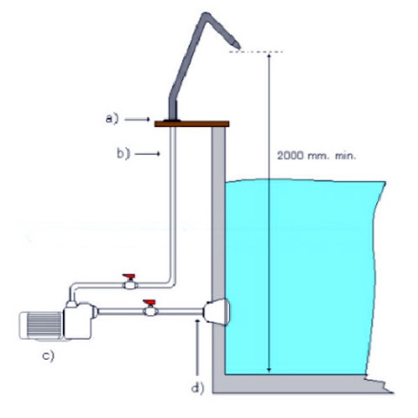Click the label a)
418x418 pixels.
coord(112,118)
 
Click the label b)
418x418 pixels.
coord(124,153)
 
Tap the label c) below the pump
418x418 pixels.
coord(49,356)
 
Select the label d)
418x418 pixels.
coord(198,388)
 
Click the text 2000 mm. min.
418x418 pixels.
coord(316,156)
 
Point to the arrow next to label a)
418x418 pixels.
coord(138,119)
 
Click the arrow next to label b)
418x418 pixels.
coord(147,154)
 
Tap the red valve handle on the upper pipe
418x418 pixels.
coord(129,276)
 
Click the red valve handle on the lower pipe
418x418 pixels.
coord(150,302)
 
